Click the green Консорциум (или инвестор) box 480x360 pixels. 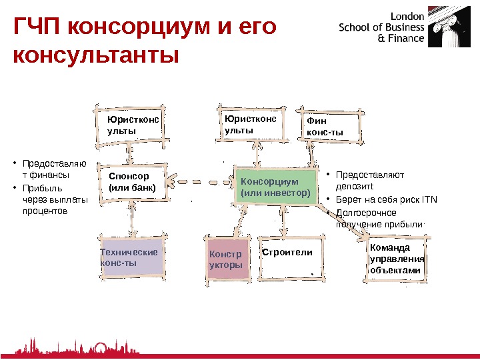[275, 187]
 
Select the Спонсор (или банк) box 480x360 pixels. [132, 182]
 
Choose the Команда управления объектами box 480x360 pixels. [397, 259]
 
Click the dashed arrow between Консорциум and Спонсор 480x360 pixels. [201, 181]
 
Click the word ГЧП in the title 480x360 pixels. [37, 28]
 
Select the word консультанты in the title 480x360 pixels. [97, 56]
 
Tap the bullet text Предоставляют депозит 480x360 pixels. [370, 181]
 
